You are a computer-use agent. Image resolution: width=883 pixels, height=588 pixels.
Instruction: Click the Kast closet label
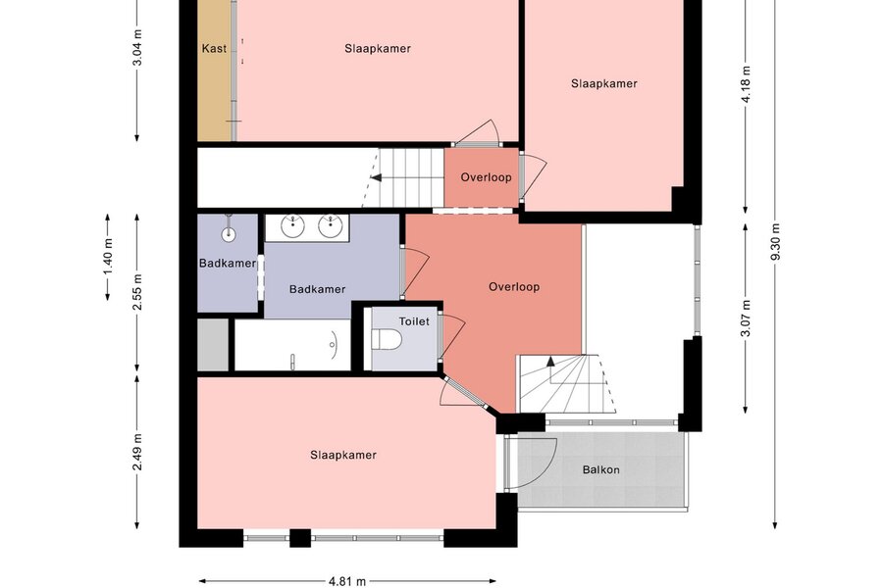pos(214,48)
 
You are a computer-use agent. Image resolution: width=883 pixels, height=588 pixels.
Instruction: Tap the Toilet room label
pos(414,321)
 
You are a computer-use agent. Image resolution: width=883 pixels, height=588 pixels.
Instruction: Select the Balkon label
pos(600,469)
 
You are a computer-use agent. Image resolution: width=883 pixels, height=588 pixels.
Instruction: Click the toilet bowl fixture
pos(387,339)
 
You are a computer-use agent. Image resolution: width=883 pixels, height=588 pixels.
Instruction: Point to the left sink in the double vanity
pos(292,226)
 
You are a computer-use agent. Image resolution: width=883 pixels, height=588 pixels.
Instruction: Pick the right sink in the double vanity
pos(330,226)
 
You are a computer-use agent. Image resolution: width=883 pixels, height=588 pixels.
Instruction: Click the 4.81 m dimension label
pos(347,581)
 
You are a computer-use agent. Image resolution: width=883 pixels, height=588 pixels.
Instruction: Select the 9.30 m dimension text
pos(775,242)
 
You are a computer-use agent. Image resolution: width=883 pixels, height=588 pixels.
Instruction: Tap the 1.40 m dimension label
pos(108,257)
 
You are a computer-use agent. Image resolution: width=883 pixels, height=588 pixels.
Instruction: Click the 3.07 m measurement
pos(746,318)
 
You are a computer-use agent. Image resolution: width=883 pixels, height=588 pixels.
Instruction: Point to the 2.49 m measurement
pos(136,452)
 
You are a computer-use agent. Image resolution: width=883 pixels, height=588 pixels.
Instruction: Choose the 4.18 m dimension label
pos(746,84)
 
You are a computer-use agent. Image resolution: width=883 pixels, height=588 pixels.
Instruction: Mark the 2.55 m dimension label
pos(136,291)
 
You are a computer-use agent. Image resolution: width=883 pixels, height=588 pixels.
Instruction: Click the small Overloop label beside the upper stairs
pos(486,177)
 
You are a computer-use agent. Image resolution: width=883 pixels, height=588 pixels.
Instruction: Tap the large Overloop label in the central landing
pos(514,287)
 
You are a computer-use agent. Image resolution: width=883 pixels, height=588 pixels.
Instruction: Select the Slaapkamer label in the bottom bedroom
pos(343,455)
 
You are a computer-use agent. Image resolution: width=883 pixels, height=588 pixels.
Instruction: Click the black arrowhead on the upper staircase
pos(376,177)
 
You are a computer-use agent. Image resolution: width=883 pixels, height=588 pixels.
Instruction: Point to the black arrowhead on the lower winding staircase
pos(550,362)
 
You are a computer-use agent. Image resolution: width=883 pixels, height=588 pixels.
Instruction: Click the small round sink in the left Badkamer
pos(228,234)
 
